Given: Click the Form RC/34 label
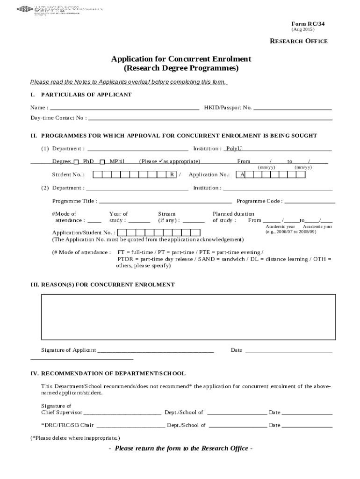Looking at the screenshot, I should [308, 23].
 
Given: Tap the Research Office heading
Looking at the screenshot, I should [299, 41].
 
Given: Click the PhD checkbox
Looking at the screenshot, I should [77, 162].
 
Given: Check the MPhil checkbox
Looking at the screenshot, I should [102, 162].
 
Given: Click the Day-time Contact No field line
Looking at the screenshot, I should [210, 119].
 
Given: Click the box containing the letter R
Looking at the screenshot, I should [172, 175].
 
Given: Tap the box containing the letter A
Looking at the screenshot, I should [243, 175].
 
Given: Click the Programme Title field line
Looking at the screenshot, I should [166, 202].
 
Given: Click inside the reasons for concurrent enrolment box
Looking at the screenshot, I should [188, 317].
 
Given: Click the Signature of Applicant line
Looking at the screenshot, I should [155, 351].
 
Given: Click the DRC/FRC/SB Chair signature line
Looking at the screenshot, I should [130, 426].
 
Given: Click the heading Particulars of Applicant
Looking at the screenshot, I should [86, 95].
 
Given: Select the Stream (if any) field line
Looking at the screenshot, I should [193, 221].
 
